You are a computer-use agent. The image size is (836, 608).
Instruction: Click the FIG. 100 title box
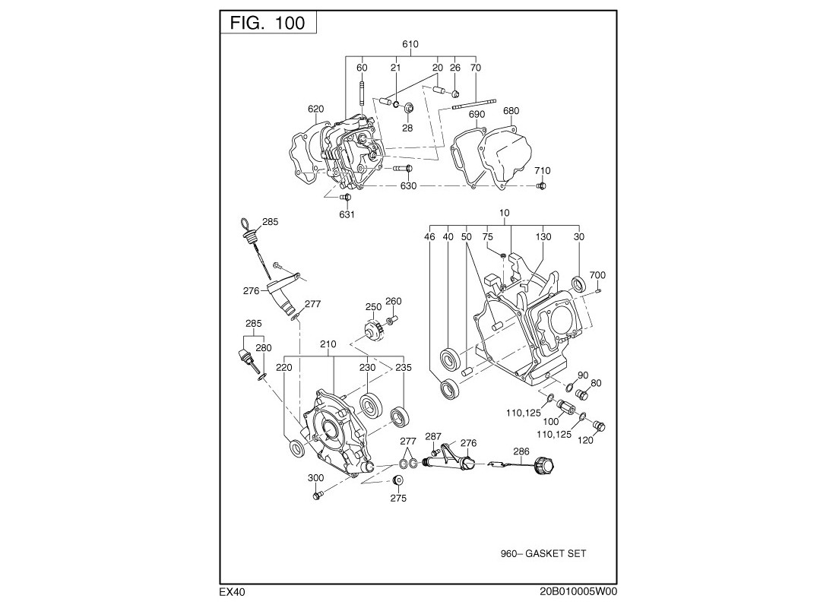point(268,23)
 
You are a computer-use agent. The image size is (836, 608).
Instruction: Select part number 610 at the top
point(410,45)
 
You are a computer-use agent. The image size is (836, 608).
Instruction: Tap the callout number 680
point(511,111)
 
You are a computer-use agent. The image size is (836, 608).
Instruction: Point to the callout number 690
point(477,115)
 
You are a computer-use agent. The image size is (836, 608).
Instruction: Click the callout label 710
point(542,171)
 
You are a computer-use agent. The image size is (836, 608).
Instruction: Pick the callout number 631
point(347,214)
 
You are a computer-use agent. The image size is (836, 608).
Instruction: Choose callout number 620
point(316,109)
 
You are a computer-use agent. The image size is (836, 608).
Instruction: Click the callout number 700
point(597,275)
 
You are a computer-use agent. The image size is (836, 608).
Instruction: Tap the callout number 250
point(373,307)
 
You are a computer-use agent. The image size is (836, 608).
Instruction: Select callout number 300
point(315,478)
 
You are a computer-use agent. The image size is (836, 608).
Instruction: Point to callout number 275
point(398,499)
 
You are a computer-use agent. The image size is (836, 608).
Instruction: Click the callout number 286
point(521,451)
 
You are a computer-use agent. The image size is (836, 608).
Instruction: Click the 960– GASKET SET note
point(543,554)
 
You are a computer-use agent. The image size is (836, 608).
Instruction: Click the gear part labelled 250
point(372,331)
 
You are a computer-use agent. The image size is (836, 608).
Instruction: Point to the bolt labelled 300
point(318,496)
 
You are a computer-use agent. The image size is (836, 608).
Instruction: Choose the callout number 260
point(393,302)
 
